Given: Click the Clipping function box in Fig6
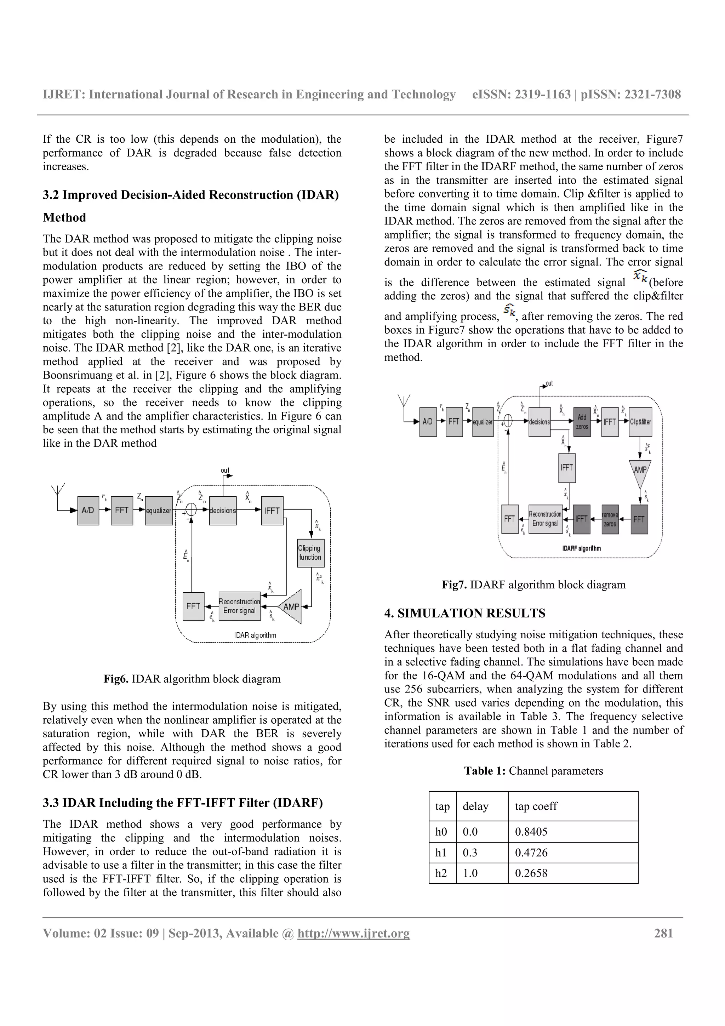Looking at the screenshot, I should (x=310, y=553).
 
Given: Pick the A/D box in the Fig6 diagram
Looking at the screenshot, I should (x=88, y=510).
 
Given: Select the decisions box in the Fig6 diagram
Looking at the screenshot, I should (x=222, y=510).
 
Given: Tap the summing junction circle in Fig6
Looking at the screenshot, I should (x=191, y=510).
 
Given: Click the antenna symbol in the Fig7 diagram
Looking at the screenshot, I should (x=404, y=401).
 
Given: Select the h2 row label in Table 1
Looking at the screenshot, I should (x=441, y=873).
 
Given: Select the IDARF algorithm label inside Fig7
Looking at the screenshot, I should (x=581, y=548).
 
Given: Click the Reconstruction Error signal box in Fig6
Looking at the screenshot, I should (x=239, y=606).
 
